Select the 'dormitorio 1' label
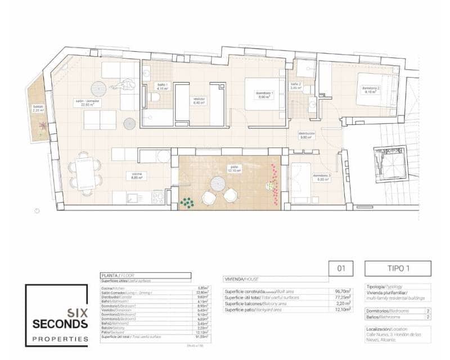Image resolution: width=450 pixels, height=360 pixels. click(264, 94)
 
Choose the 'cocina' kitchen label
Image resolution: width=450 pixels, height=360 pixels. click(137, 174)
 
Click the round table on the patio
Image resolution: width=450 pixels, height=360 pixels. click(218, 183)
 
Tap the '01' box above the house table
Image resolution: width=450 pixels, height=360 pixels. click(341, 268)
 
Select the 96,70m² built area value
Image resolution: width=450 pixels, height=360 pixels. click(342, 291)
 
